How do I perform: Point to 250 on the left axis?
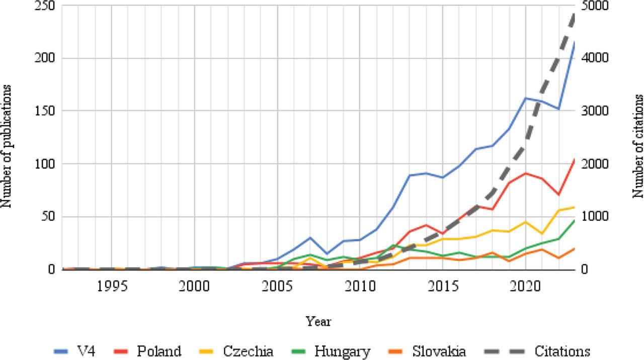click(44, 6)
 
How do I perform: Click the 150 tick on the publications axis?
click(44, 111)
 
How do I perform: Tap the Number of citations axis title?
click(638, 146)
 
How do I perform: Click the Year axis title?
click(318, 321)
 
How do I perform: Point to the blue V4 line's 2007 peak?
click(310, 237)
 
